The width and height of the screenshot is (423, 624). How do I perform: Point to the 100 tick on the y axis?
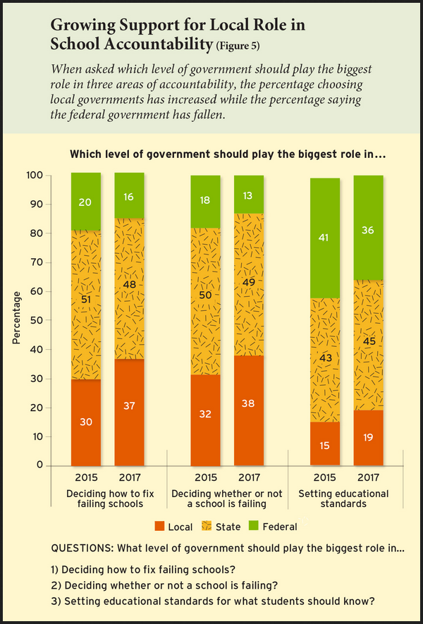click(x=54, y=175)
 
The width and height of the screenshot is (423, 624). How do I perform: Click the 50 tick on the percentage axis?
click(x=56, y=320)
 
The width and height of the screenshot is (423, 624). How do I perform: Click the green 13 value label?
click(x=249, y=196)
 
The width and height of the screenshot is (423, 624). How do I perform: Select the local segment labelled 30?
click(x=86, y=422)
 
